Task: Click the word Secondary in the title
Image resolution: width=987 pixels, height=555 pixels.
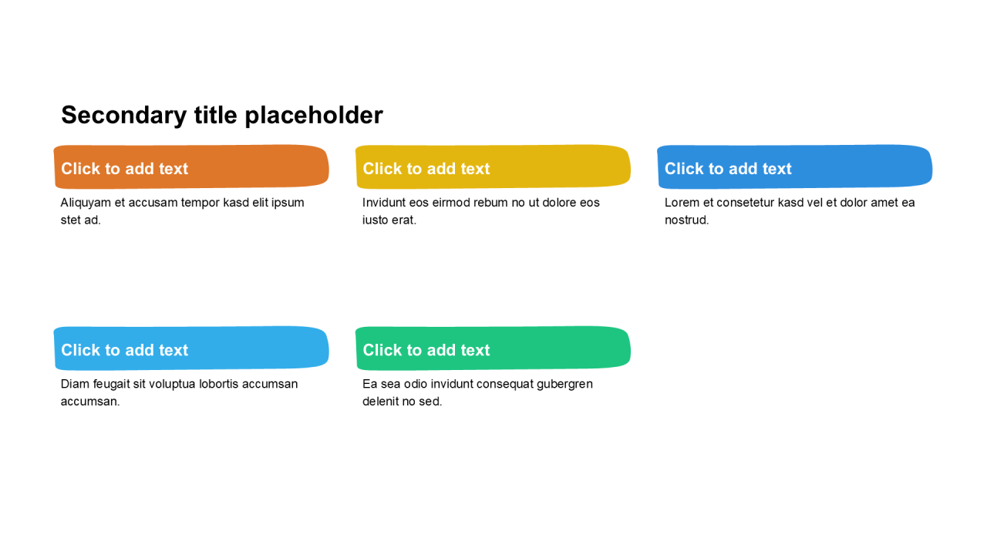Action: pyautogui.click(x=124, y=116)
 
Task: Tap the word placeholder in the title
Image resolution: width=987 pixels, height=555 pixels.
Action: pyautogui.click(x=314, y=116)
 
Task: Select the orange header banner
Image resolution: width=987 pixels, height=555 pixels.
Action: pyautogui.click(x=191, y=167)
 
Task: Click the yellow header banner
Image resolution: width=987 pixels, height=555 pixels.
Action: pyautogui.click(x=493, y=167)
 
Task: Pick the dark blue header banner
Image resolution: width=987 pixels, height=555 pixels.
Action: pyautogui.click(x=794, y=167)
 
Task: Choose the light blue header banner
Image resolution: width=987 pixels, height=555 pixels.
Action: pyautogui.click(x=191, y=348)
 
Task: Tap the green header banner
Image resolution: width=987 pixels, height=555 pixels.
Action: pyautogui.click(x=493, y=348)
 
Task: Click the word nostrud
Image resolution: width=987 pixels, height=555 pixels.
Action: pyautogui.click(x=687, y=220)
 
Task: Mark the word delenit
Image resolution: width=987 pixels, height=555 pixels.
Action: pyautogui.click(x=380, y=402)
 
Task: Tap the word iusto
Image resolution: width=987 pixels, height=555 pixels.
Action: pyautogui.click(x=376, y=220)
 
